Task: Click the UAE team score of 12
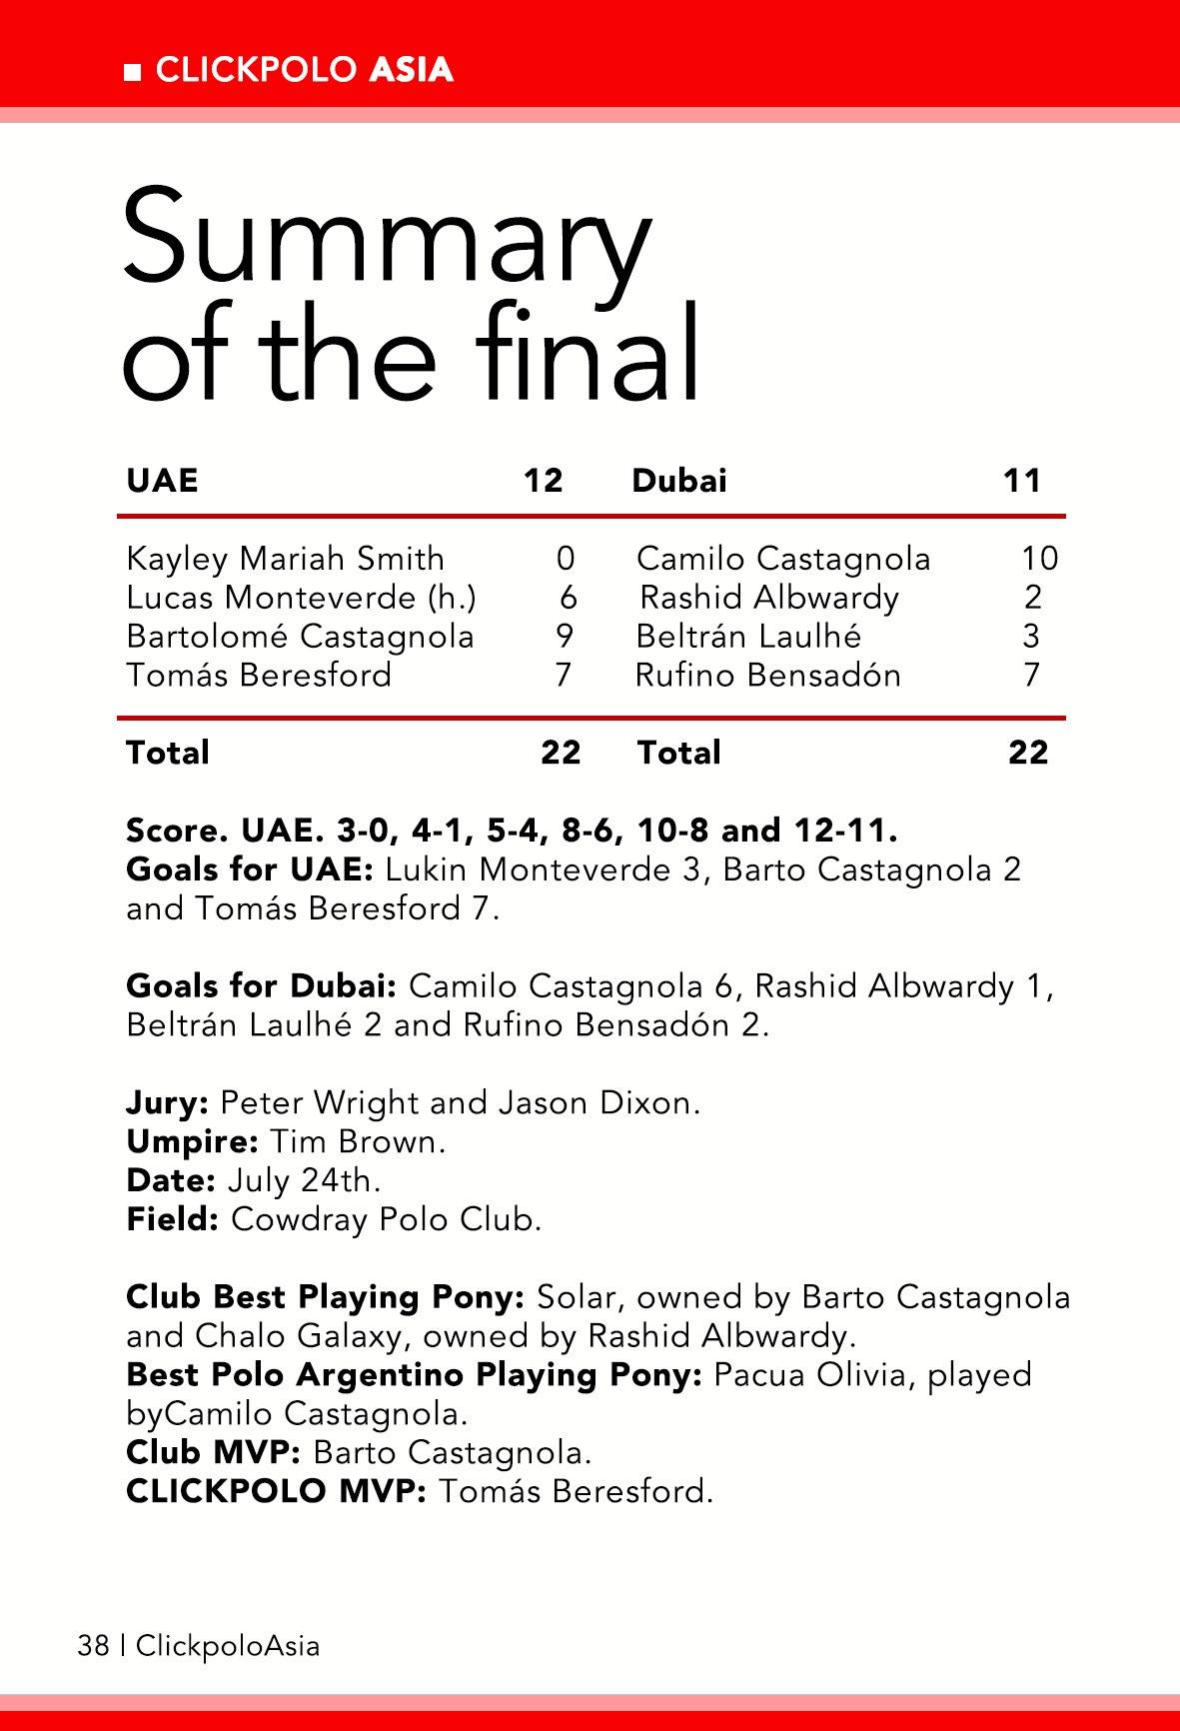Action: click(544, 481)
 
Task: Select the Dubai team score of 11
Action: click(1022, 481)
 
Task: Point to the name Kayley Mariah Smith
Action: click(285, 559)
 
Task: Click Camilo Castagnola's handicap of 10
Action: click(1039, 559)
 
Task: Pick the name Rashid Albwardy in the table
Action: click(768, 598)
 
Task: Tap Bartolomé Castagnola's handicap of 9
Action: click(565, 637)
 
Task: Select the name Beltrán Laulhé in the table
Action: click(748, 637)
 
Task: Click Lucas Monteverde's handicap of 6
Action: click(568, 598)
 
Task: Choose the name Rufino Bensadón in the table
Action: click(768, 676)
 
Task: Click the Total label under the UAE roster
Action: click(168, 753)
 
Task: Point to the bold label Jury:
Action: click(167, 1103)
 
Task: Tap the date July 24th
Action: click(305, 1181)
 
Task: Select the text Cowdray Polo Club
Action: click(386, 1220)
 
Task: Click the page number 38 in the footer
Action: click(93, 1646)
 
